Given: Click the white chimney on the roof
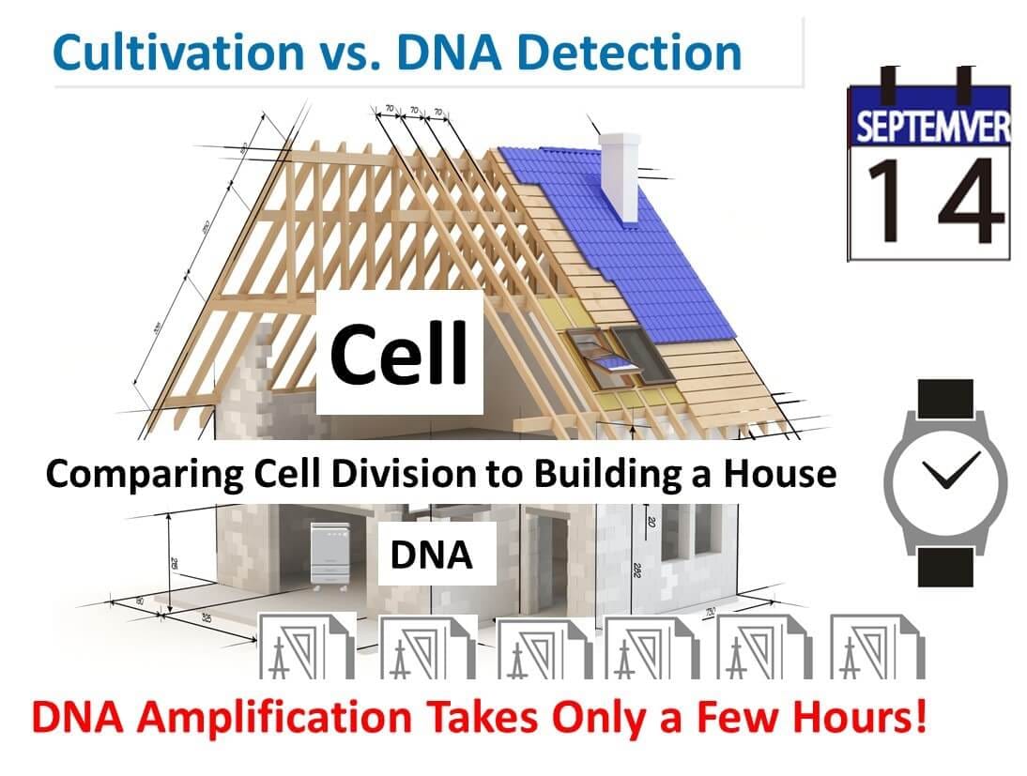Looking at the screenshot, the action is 620,176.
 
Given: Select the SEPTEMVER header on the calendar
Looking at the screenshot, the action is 930,127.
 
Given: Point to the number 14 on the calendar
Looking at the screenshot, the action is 935,201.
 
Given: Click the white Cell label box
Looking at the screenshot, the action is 400,352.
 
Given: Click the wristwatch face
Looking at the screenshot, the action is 945,483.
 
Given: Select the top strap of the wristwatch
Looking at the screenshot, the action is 945,399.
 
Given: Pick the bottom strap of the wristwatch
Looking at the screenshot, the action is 945,567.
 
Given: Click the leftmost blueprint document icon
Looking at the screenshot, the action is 307,647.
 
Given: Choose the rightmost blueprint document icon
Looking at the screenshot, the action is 878,647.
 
